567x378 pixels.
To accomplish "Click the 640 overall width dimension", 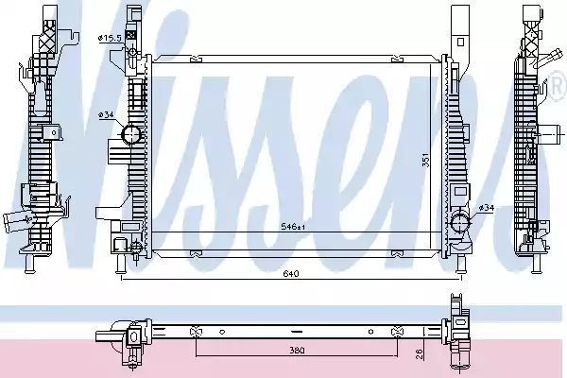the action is coord(291,274).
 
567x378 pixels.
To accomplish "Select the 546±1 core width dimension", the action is coord(294,227).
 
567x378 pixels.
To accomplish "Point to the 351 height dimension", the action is coord(426,160).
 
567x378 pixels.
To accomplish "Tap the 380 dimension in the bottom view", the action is coord(297,351).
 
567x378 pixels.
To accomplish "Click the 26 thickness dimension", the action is coord(420,353).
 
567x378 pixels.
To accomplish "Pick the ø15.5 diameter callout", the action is coord(110,38).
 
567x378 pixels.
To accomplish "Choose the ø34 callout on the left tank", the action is coord(106,114).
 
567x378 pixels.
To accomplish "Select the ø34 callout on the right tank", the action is coord(486,208).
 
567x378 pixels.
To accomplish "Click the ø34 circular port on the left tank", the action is coord(130,134).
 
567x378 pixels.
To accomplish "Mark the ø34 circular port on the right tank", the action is coord(459,223).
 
